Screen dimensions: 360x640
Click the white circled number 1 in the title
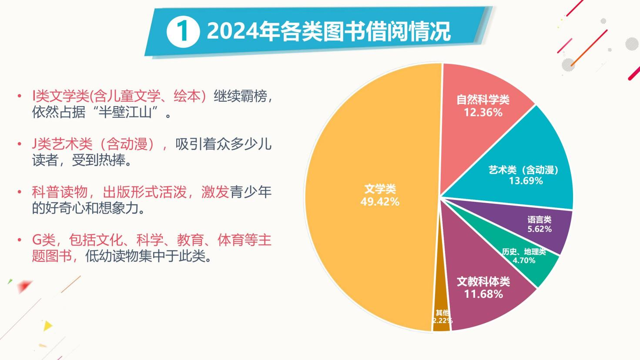pyautogui.click(x=183, y=31)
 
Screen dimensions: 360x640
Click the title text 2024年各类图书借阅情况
pyautogui.click(x=328, y=31)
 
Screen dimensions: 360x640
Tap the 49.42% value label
pyautogui.click(x=380, y=202)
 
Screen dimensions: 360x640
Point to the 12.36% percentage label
pyautogui.click(x=483, y=113)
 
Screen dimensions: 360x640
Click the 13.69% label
pyautogui.click(x=526, y=180)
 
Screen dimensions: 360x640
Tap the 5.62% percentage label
pyautogui.click(x=539, y=229)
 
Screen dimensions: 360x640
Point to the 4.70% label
pyautogui.click(x=524, y=260)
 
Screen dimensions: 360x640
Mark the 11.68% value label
pyautogui.click(x=483, y=294)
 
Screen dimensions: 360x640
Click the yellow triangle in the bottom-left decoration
pyautogui.click(x=48, y=325)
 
